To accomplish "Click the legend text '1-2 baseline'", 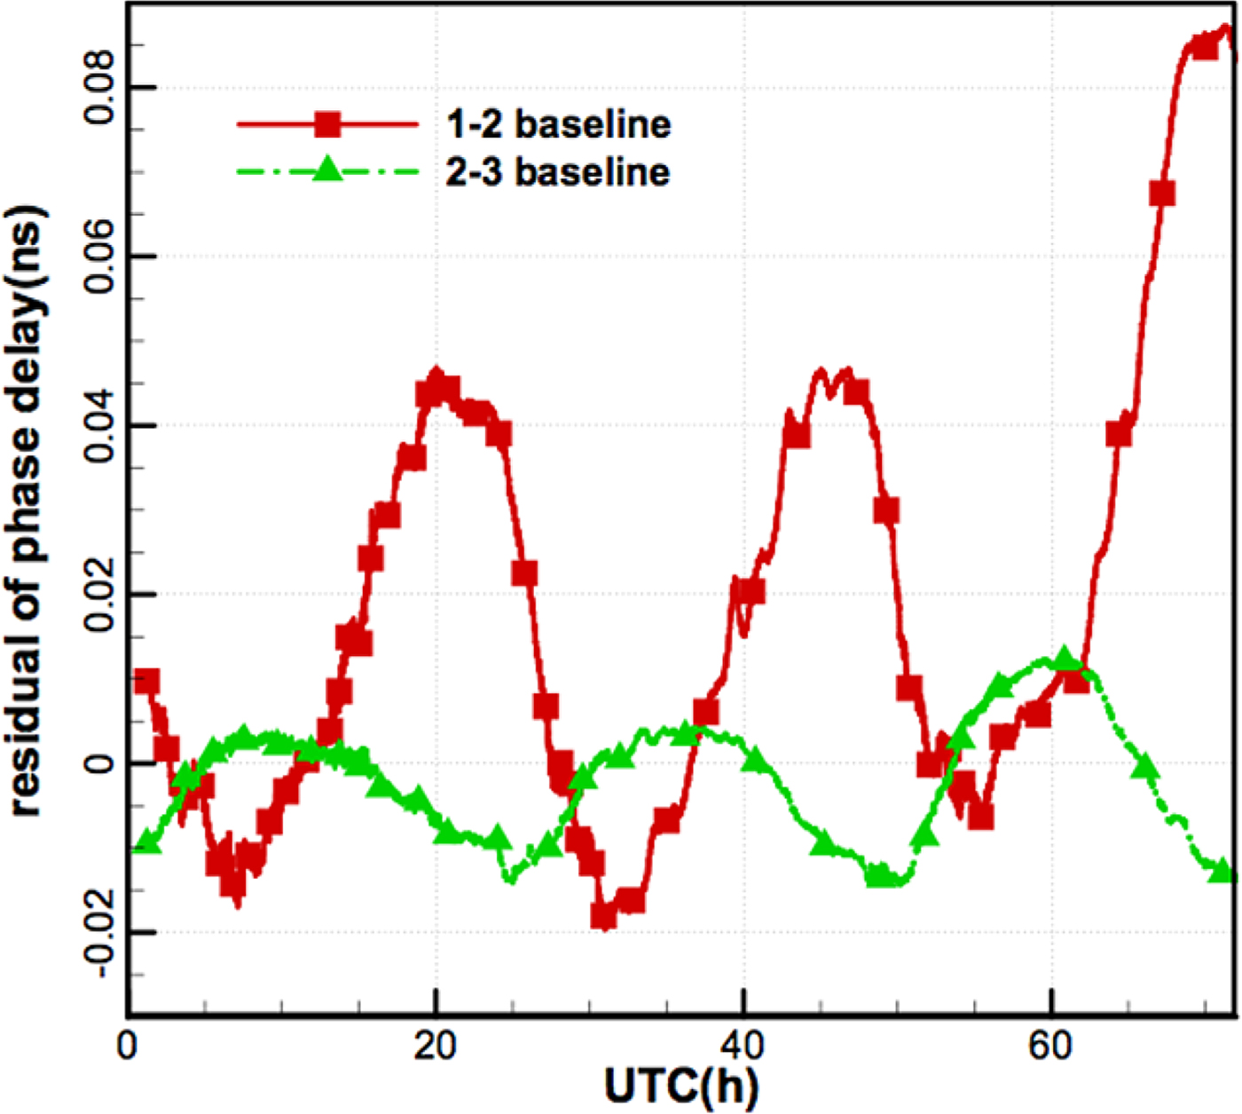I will click(558, 124).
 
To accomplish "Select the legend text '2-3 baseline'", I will click(558, 171).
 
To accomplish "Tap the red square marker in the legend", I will click(327, 124).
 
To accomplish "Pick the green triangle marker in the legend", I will click(327, 169).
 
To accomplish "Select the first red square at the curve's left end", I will click(146, 682).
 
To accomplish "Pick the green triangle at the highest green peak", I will click(1065, 659).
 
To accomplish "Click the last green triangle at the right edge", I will click(1222, 870).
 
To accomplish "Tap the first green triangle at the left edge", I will click(147, 842).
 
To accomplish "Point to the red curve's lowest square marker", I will click(604, 916).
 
